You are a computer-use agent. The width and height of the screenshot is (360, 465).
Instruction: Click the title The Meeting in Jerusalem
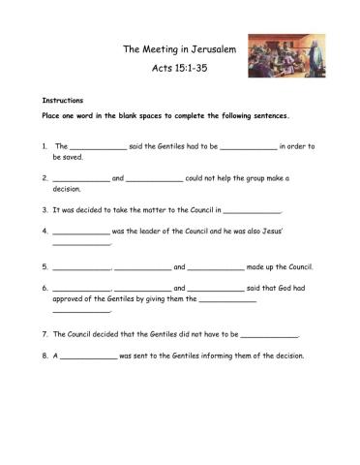pos(180,48)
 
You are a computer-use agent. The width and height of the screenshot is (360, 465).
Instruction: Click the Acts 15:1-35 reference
pos(180,70)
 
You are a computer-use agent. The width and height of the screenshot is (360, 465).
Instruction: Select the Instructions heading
pos(62,100)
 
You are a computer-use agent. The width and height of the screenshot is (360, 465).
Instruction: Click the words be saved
pos(70,156)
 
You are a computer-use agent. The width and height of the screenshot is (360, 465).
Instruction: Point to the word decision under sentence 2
pos(69,190)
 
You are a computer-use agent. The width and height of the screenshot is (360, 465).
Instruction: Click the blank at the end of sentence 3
pos(252,209)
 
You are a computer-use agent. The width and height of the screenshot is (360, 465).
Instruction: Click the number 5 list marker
pos(45,265)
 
